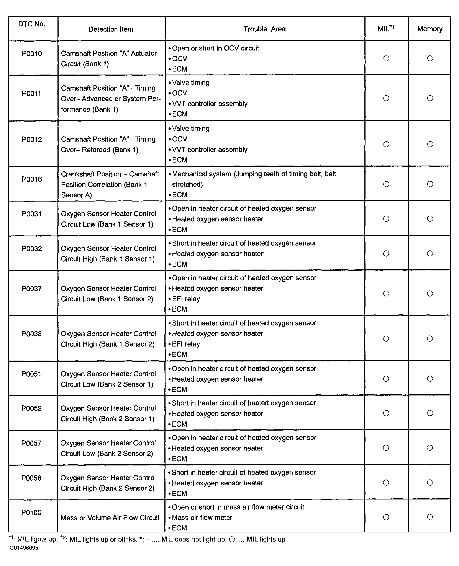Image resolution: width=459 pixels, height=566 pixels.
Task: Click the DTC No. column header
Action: click(32, 24)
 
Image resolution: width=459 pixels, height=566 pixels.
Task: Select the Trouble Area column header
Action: click(264, 29)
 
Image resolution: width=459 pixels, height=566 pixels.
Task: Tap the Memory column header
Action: click(430, 29)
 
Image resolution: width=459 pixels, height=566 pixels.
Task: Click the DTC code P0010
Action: click(32, 54)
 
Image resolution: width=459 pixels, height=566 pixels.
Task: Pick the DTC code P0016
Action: click(32, 179)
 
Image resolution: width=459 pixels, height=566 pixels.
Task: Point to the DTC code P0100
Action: click(31, 512)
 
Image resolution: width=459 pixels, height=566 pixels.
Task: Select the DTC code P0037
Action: click(31, 288)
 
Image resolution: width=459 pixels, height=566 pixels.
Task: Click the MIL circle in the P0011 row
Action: click(386, 98)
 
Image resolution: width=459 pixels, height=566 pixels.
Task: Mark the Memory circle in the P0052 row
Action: click(430, 413)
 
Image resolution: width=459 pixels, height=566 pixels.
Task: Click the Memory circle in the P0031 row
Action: click(430, 219)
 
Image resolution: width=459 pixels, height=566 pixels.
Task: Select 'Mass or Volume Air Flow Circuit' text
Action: click(110, 517)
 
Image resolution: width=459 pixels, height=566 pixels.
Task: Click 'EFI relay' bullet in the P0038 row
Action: click(186, 344)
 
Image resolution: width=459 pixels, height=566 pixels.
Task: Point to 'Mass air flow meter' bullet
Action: click(202, 517)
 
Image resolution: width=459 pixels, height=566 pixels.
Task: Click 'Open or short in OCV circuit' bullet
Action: click(215, 48)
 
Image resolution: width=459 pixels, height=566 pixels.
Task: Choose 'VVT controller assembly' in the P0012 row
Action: click(210, 150)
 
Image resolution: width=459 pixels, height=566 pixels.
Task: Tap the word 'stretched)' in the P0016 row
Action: click(187, 184)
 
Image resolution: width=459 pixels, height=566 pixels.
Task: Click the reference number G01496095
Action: click(24, 548)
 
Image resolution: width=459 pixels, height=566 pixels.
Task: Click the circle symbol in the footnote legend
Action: click(232, 539)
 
